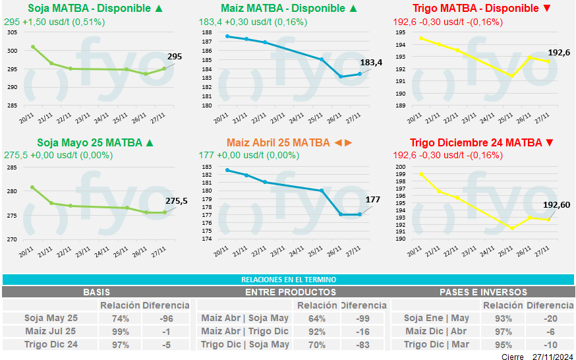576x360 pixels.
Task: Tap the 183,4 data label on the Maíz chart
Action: (370, 63)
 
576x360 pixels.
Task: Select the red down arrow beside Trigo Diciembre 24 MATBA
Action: (550, 142)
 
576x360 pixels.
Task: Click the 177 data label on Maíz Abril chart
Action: (372, 200)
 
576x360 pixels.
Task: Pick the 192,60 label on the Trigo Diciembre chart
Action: (556, 205)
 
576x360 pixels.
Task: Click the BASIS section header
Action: (96, 292)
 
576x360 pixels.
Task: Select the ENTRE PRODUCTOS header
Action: (290, 292)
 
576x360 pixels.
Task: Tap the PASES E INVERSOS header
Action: (483, 292)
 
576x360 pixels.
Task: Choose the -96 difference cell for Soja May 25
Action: (165, 318)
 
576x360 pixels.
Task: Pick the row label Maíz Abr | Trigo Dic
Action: (245, 332)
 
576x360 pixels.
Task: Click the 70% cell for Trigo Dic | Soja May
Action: (317, 344)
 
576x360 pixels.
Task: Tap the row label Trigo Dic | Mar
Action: (436, 344)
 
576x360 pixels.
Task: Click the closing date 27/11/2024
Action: (554, 356)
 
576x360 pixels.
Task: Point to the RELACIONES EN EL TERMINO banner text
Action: (288, 280)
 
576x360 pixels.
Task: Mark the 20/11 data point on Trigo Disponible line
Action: (421, 38)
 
